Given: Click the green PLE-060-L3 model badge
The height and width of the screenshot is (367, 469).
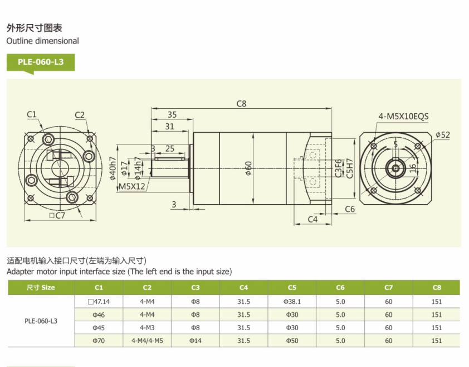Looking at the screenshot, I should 41,62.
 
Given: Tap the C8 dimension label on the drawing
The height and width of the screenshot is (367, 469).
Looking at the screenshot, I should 241,103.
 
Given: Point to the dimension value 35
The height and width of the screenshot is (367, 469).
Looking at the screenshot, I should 172,114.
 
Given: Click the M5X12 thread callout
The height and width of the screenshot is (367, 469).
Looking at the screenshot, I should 132,187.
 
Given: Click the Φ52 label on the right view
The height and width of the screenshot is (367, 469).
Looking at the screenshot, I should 442,134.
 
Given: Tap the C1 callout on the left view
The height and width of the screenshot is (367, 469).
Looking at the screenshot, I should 32,115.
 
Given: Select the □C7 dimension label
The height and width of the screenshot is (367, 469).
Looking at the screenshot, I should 57,215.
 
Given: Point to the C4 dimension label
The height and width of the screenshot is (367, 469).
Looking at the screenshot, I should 312,220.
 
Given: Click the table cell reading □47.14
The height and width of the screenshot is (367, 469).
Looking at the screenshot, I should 99,301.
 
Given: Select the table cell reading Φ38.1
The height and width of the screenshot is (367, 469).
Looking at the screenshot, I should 292,301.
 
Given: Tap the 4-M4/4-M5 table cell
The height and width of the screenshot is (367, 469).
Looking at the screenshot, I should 147,340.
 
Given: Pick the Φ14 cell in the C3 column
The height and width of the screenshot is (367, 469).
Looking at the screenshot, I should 196,340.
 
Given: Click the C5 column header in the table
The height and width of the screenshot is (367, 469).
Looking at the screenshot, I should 292,288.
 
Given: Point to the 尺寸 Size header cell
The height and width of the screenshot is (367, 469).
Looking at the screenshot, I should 41,288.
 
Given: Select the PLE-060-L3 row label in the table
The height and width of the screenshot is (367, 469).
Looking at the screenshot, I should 41,321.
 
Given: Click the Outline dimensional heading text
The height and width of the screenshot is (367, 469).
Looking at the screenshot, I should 42,41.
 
